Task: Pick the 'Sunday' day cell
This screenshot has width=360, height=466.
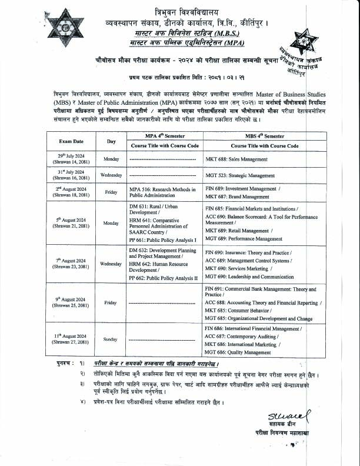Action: (x=111, y=339)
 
